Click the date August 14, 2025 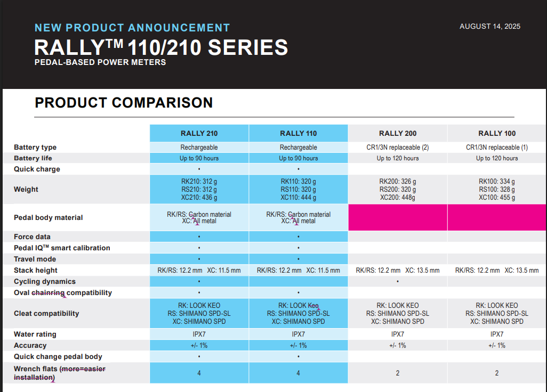pos(489,27)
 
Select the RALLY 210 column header pos(199,133)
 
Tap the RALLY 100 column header pos(497,133)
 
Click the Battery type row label pos(35,148)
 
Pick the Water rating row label pos(35,334)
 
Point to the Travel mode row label pos(35,259)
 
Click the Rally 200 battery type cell pos(397,147)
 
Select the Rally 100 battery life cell pos(497,158)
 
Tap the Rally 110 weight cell pos(298,190)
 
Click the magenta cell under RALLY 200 pos(398,217)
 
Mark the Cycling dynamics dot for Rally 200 pos(398,281)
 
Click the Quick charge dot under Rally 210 pos(199,169)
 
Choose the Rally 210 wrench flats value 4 pos(199,373)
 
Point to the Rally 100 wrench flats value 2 pos(497,373)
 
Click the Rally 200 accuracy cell pos(398,346)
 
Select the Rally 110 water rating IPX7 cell pos(298,334)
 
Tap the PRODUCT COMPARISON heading pos(124,102)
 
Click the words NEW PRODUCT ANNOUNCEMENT pos(132,28)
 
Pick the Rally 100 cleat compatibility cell pos(497,314)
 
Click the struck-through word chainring pos(48,293)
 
